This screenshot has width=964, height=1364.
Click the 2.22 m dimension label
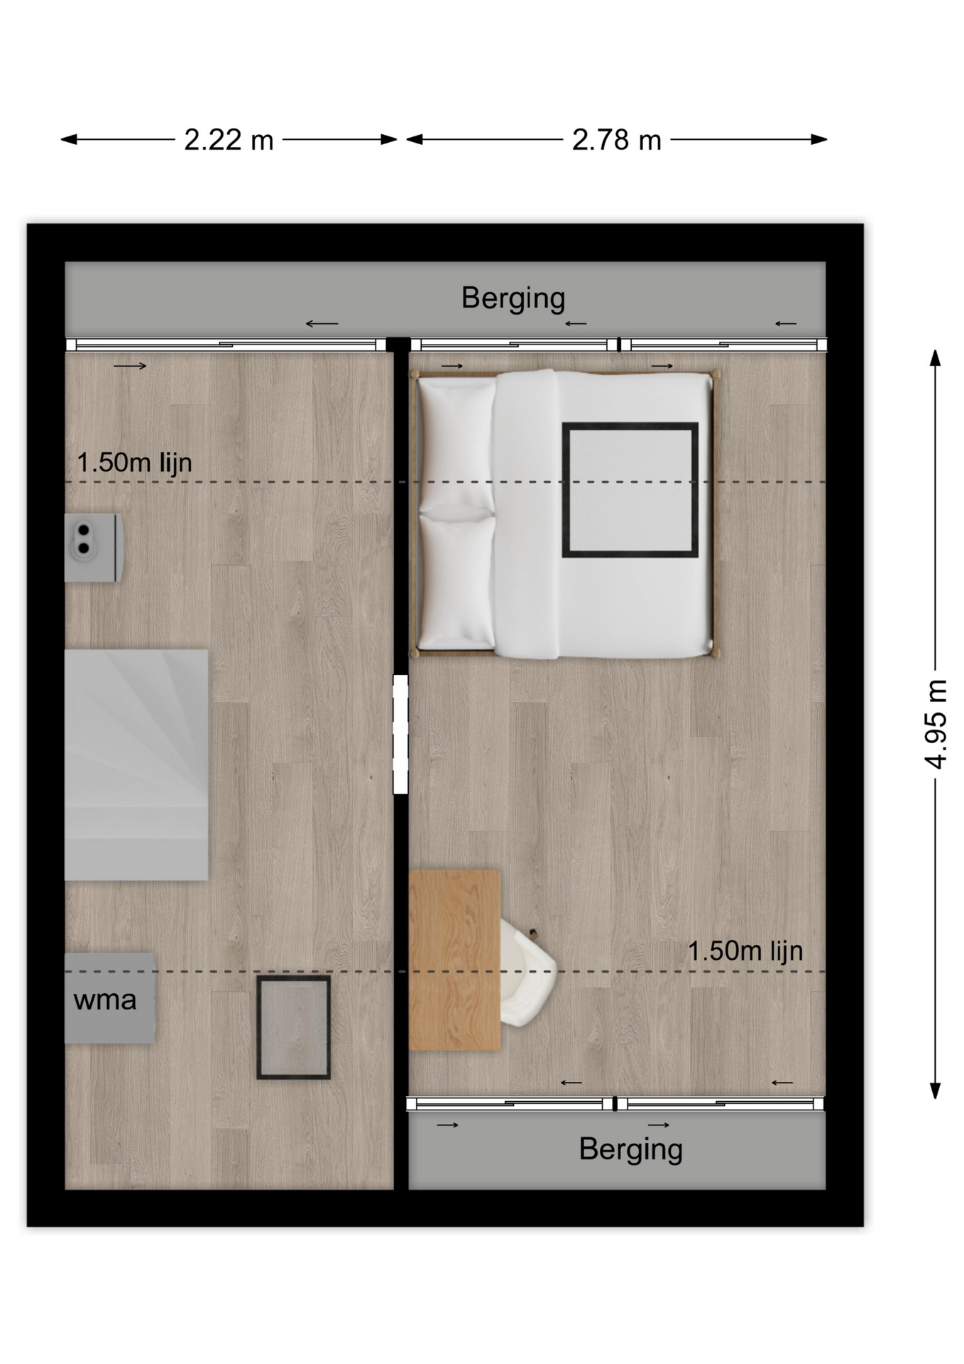coord(229,140)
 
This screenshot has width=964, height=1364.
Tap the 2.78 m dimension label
coord(616,140)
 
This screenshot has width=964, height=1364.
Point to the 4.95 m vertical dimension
coord(936,724)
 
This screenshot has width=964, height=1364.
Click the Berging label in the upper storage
coord(513,298)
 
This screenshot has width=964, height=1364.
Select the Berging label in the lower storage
coord(630,1149)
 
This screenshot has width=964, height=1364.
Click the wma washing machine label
coord(104,1000)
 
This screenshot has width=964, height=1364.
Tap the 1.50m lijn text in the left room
coord(134,462)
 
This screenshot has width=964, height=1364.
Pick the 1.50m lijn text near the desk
coord(745,951)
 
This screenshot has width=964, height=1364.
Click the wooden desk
coord(454,959)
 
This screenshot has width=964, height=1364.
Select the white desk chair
coord(527,971)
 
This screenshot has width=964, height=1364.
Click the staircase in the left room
coord(136,764)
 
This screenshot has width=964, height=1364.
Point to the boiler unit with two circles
coord(94,548)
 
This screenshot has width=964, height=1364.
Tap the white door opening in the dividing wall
coord(400,734)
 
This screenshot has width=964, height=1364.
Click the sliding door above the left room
coord(226,345)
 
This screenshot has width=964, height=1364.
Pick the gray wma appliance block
coord(110,998)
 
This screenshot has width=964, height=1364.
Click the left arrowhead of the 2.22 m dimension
coord(62,140)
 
